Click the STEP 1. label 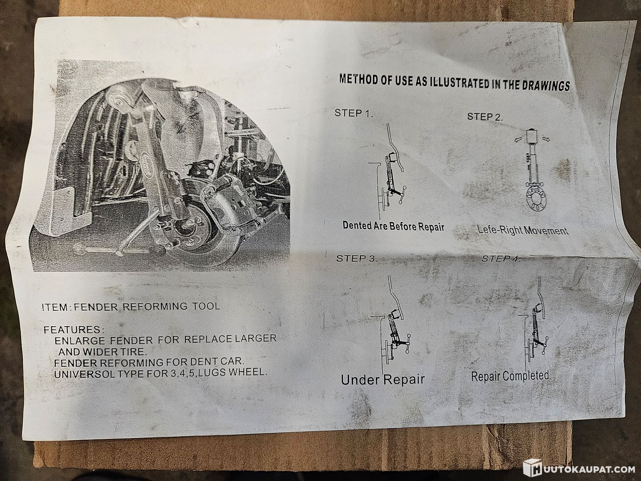pos(354,113)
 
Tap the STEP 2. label pos(485,117)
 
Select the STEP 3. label pos(357,259)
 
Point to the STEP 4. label pos(500,259)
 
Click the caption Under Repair pos(383,380)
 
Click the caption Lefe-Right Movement pos(523,230)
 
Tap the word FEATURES pos(73,330)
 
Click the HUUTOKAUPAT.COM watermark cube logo pos(532,469)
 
